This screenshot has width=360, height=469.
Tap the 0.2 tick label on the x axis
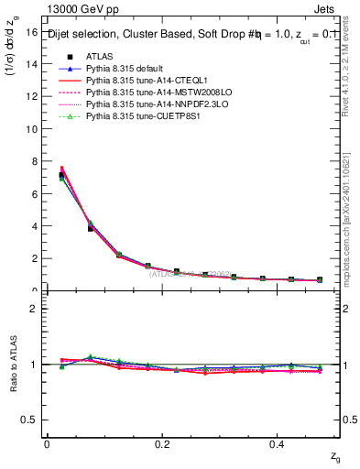coord(162,443)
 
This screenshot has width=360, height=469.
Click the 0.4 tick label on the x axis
coord(278,443)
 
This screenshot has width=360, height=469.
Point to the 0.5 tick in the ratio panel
coord(32,420)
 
